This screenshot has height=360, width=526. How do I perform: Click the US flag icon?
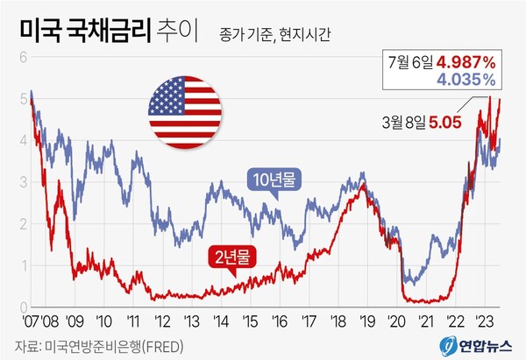[x=184, y=109]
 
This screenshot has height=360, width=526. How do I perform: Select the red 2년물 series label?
[x=230, y=258]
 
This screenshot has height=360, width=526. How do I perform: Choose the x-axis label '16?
[x=279, y=321]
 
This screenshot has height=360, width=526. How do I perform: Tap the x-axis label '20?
[x=396, y=321]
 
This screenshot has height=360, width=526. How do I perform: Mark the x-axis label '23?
[x=484, y=321]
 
